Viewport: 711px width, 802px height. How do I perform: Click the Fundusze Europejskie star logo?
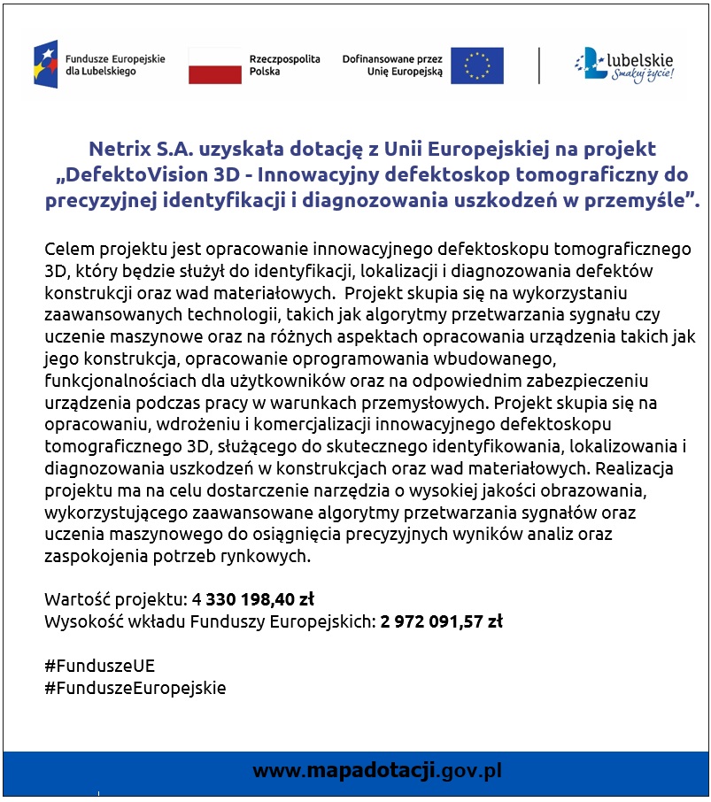click(45, 64)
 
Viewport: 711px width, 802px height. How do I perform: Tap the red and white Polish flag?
click(214, 66)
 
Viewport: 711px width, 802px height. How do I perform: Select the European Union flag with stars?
click(476, 66)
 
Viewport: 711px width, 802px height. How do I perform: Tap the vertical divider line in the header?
click(539, 66)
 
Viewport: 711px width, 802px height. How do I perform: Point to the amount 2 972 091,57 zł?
click(442, 621)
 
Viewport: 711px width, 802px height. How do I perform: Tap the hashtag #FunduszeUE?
click(99, 666)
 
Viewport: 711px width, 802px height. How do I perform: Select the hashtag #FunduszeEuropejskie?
click(135, 688)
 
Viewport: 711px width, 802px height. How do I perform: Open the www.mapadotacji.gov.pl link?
click(376, 770)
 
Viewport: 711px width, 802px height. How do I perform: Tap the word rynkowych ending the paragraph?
click(271, 557)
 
